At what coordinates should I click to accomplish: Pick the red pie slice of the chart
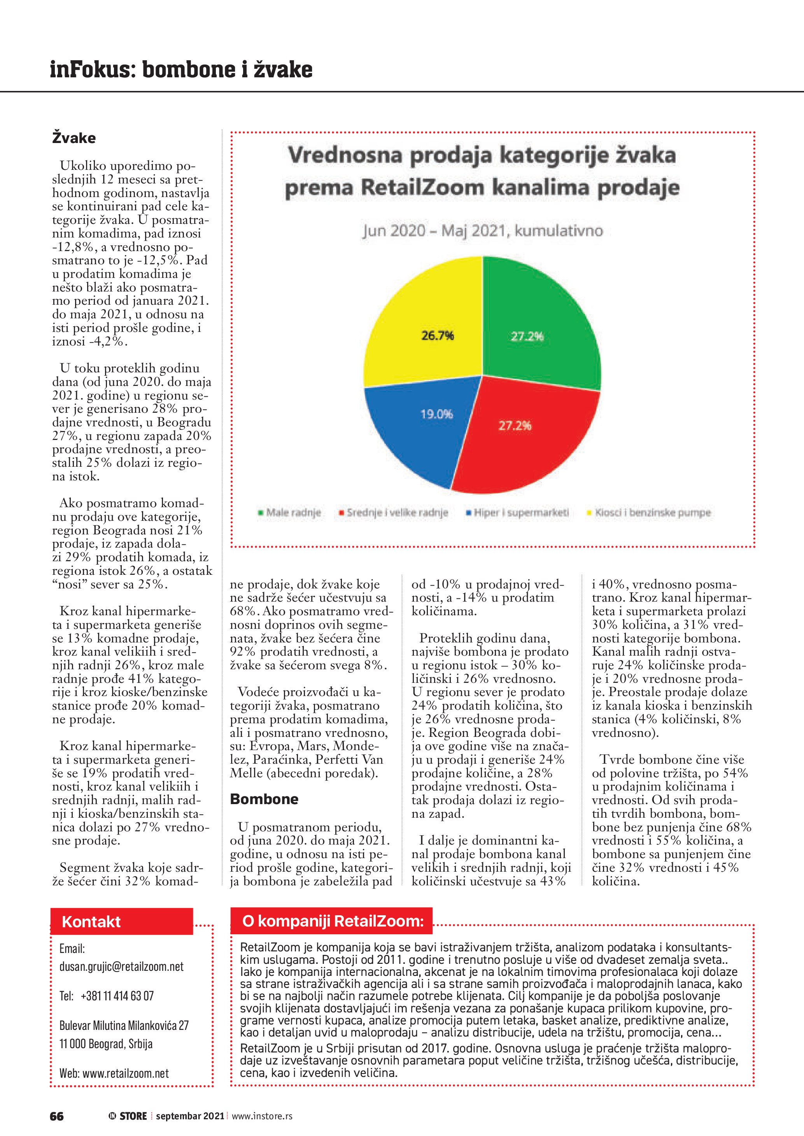(x=525, y=440)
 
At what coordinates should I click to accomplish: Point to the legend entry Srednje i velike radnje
(x=396, y=513)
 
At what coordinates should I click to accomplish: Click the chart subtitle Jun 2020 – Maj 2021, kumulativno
(x=483, y=230)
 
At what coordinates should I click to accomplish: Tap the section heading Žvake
(x=74, y=138)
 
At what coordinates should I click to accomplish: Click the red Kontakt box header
(x=121, y=921)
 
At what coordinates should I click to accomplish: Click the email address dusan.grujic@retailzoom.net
(x=121, y=966)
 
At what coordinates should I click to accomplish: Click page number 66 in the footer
(x=56, y=1116)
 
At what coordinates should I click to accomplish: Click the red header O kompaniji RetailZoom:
(x=332, y=921)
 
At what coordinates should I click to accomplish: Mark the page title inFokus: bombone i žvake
(x=181, y=69)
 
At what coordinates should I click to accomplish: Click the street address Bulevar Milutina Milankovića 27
(x=124, y=1025)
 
